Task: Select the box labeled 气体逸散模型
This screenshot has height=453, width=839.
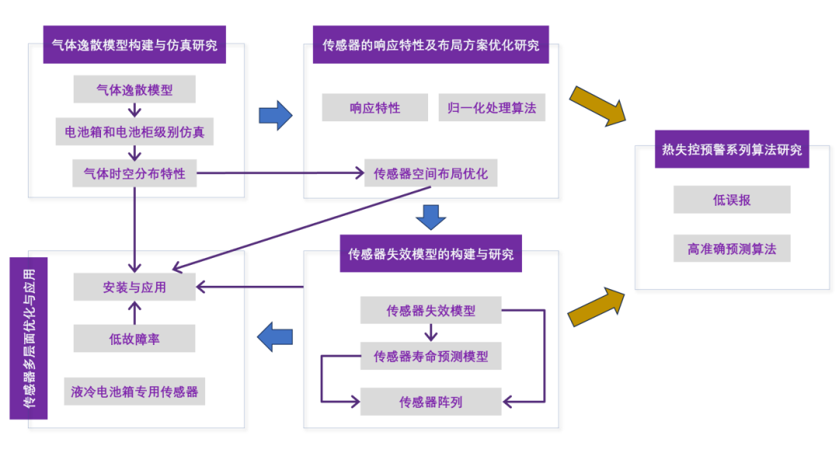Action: click(x=134, y=89)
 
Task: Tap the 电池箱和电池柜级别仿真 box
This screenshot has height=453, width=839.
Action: click(x=134, y=131)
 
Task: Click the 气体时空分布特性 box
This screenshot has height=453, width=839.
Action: click(x=134, y=173)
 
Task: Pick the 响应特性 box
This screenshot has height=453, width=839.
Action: click(x=374, y=108)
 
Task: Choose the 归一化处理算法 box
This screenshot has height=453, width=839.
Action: click(x=492, y=108)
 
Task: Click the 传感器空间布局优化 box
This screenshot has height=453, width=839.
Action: click(x=430, y=173)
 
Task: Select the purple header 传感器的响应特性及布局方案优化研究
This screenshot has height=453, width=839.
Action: click(x=430, y=45)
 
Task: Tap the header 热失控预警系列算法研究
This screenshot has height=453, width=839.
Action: click(x=731, y=149)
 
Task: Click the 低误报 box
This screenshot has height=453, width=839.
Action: click(x=731, y=200)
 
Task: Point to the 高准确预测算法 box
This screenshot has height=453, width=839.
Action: click(x=731, y=249)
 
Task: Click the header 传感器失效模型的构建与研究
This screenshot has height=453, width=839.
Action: click(x=430, y=254)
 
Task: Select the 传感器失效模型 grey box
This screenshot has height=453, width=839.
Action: click(x=430, y=311)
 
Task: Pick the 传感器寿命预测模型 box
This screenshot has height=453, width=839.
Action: click(x=430, y=356)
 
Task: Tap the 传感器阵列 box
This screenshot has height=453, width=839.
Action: click(x=430, y=402)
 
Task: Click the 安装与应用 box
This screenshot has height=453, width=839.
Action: click(x=134, y=287)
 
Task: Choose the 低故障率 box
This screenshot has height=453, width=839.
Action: click(x=134, y=339)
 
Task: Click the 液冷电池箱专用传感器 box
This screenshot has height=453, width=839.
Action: click(x=134, y=391)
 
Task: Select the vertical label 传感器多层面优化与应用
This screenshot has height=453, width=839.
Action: click(x=29, y=338)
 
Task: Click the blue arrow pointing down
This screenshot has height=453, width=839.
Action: click(x=430, y=217)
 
